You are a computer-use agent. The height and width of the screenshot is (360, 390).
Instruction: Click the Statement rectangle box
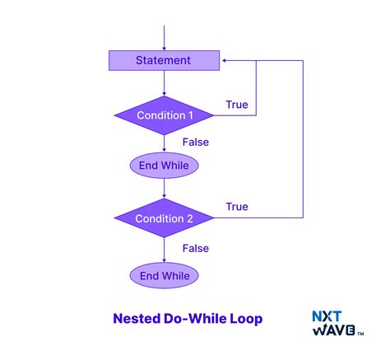[165, 60]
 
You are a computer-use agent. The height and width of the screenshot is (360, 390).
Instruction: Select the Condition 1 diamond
[165, 115]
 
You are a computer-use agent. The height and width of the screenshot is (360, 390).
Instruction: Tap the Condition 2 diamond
[165, 218]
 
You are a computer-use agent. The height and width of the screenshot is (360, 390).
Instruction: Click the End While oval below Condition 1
[165, 166]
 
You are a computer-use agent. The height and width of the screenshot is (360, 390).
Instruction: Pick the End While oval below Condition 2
[165, 275]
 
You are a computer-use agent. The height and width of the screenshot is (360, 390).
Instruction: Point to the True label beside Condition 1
[237, 104]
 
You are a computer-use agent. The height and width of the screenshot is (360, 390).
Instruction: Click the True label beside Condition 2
[237, 207]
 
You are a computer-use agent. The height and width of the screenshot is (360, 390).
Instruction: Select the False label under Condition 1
[195, 142]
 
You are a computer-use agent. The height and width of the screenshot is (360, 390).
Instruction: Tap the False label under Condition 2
[195, 248]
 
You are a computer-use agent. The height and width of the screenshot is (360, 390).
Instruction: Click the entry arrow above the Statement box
[165, 38]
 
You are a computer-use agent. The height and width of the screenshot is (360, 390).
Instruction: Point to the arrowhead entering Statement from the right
[225, 60]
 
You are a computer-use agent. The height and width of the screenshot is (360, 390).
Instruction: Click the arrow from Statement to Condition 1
[165, 82]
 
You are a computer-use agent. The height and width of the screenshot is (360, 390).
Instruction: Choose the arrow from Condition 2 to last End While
[165, 249]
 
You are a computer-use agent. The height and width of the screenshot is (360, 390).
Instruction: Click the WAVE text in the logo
[333, 330]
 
